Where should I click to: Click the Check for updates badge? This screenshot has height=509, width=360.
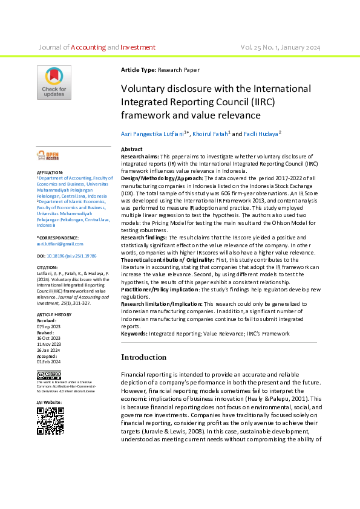pyautogui.click(x=54, y=82)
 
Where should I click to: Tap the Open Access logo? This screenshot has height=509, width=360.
pyautogui.click(x=48, y=156)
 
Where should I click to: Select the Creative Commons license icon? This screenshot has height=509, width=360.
pyautogui.click(x=49, y=375)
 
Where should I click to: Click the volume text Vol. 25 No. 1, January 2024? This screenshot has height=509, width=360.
pyautogui.click(x=280, y=47)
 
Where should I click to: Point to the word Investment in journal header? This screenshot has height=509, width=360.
pyautogui.click(x=138, y=47)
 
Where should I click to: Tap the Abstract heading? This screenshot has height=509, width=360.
pyautogui.click(x=132, y=149)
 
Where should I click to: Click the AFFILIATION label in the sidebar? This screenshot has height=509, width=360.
pyautogui.click(x=50, y=173)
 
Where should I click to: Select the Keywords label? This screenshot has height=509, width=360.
pyautogui.click(x=134, y=334)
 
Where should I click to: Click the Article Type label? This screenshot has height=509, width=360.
pyautogui.click(x=139, y=70)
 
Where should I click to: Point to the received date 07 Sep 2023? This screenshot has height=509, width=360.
pyautogui.click(x=48, y=326)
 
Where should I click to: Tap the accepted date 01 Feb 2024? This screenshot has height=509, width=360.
pyautogui.click(x=48, y=361)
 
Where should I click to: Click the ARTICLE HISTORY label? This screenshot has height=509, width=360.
pyautogui.click(x=53, y=316)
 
